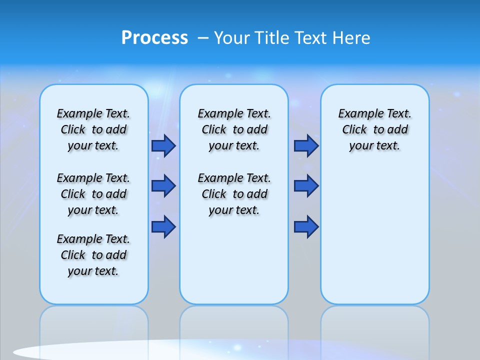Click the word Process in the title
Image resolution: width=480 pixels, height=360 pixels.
(154, 38)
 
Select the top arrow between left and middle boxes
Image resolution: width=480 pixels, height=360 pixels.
(163, 145)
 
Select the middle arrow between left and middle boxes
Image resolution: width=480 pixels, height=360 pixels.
(163, 186)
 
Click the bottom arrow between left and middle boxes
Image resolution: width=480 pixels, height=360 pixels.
(163, 227)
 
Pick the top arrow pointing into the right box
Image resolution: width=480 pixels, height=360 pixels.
(306, 145)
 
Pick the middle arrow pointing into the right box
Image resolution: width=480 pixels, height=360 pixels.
(306, 186)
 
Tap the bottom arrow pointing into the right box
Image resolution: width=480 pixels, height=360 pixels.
(306, 227)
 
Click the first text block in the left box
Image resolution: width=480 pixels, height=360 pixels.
(93, 129)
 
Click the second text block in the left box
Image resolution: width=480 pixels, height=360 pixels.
(93, 194)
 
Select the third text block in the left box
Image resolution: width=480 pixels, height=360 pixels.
(93, 255)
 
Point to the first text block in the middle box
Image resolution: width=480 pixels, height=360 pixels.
(234, 129)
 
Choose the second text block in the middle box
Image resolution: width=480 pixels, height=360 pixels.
(234, 194)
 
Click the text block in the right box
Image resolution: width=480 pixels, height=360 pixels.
(375, 129)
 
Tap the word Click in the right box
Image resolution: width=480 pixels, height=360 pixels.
(354, 130)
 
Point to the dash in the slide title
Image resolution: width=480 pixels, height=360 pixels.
(203, 38)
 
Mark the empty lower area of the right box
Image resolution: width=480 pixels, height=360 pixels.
(375, 235)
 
